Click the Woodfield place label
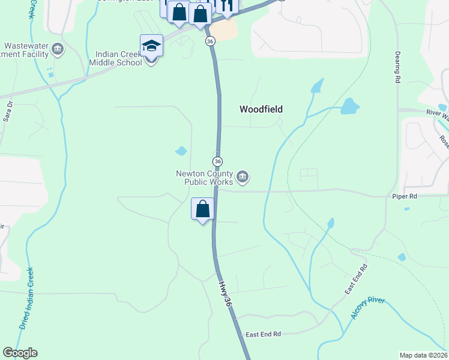click(261, 109)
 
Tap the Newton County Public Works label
click(203, 178)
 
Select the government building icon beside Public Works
click(243, 176)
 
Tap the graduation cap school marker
click(151, 46)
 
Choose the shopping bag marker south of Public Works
click(203, 209)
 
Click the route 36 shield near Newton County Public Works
click(217, 161)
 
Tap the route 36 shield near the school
click(209, 41)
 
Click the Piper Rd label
click(403, 196)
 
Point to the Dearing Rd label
click(397, 67)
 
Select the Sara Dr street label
click(8, 112)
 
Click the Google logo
click(20, 353)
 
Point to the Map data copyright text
click(423, 355)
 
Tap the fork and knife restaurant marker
click(226, 5)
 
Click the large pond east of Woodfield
click(349, 107)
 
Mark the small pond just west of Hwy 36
click(181, 151)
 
